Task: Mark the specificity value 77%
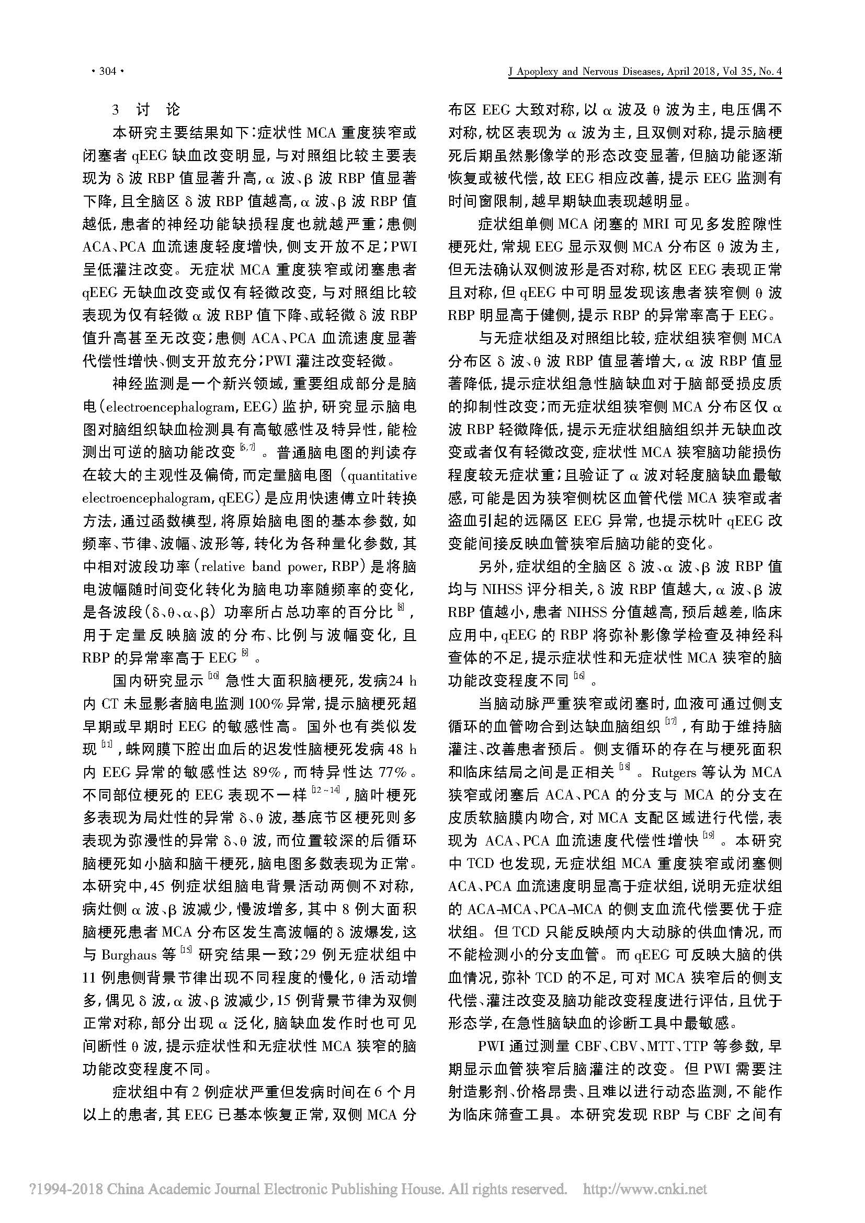tap(395, 772)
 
